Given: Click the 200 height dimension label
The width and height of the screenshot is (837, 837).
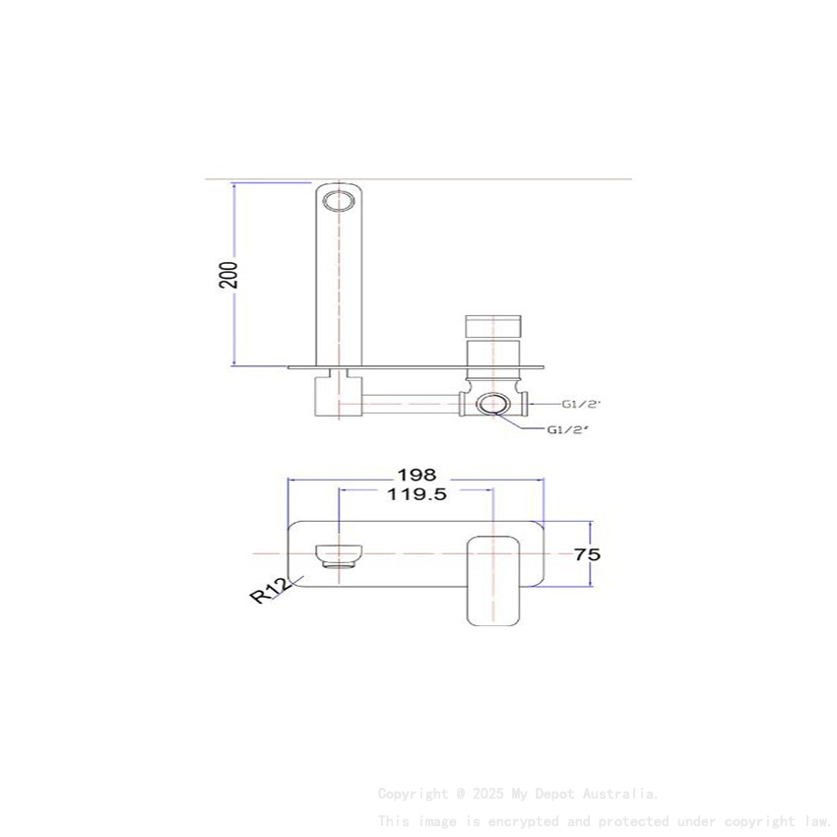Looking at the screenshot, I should (x=228, y=274).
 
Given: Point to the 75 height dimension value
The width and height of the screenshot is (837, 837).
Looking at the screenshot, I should (x=587, y=554).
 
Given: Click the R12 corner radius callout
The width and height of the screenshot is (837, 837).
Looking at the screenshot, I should (x=270, y=591).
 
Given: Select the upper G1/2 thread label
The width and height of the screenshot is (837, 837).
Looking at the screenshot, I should (x=582, y=404).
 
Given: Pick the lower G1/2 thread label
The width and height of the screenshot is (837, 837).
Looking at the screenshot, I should (x=568, y=429).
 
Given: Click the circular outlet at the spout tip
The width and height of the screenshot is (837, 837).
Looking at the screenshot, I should (x=339, y=200).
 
